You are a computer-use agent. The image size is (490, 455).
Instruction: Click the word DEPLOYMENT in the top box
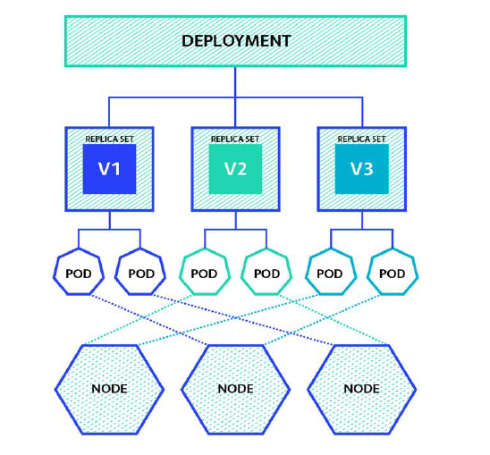[235, 41]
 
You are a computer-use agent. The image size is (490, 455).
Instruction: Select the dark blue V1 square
[109, 168]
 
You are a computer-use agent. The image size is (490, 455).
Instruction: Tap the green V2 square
[235, 168]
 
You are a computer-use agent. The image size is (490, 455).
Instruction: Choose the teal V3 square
[361, 168]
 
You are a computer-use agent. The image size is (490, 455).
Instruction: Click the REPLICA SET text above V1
[109, 139]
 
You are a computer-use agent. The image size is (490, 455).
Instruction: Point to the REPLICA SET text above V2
[235, 139]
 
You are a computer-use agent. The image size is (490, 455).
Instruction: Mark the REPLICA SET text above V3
[361, 139]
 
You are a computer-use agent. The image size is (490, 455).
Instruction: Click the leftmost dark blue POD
[78, 274]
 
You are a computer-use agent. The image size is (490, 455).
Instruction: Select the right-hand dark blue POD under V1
[141, 274]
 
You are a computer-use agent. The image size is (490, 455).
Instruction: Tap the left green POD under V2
[204, 274]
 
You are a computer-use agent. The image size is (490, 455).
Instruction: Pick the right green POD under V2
[266, 274]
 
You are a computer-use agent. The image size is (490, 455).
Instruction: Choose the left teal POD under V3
[330, 274]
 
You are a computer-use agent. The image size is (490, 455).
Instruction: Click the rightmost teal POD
[393, 274]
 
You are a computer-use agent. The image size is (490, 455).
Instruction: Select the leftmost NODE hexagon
[109, 389]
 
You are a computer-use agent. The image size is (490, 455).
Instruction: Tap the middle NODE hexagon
[235, 389]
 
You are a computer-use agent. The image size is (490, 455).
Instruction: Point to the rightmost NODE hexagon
[361, 389]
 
